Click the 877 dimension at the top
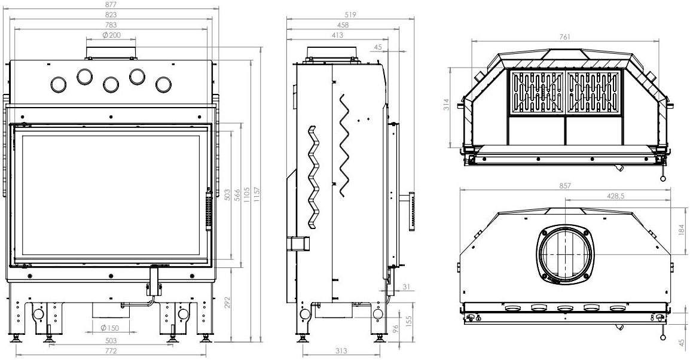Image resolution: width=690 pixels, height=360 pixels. click(x=111, y=4)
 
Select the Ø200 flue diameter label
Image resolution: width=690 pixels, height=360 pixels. click(x=111, y=35)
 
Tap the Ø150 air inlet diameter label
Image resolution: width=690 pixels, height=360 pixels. click(x=109, y=328)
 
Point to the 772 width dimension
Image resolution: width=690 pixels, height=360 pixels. click(x=111, y=351)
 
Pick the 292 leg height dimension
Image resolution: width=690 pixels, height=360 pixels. click(x=227, y=303)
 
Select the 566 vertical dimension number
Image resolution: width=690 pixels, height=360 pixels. click(x=237, y=195)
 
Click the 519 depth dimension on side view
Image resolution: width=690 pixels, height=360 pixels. click(x=350, y=14)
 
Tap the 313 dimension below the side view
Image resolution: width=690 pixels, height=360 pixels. click(x=341, y=351)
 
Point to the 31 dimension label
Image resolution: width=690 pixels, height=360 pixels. click(x=407, y=287)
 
